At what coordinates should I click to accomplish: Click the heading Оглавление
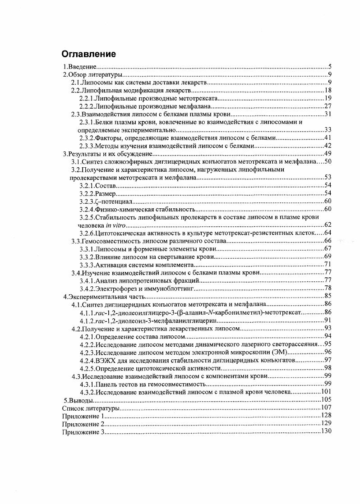(x=88, y=54)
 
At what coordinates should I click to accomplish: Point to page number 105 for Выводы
(x=326, y=400)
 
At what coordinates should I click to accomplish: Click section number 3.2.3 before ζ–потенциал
(x=86, y=201)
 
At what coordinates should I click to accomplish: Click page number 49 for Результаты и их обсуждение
(x=328, y=154)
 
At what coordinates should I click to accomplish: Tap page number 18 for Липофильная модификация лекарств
(x=328, y=91)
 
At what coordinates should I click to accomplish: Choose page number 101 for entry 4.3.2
(x=326, y=392)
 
